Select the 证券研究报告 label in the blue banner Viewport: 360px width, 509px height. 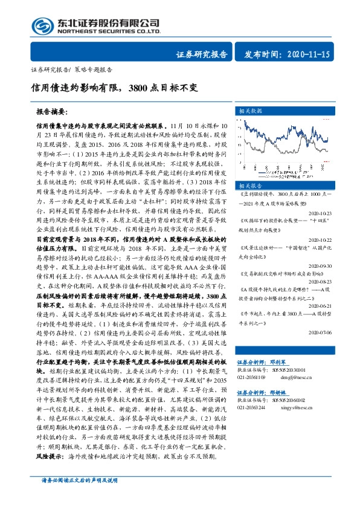[202, 54]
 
